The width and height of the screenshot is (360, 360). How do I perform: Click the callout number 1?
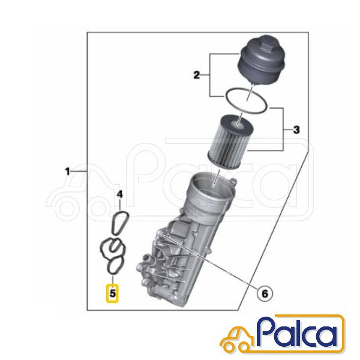coord(67,171)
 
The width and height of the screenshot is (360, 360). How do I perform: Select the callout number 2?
coord(197,75)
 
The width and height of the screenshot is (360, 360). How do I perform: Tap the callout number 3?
coord(296,130)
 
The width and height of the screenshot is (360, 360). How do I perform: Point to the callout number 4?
coord(120,194)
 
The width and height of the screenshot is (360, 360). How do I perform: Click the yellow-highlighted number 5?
coord(112,293)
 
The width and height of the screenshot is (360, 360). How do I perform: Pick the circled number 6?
coord(265,293)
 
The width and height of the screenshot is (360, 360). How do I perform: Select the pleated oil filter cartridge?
coord(231,141)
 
